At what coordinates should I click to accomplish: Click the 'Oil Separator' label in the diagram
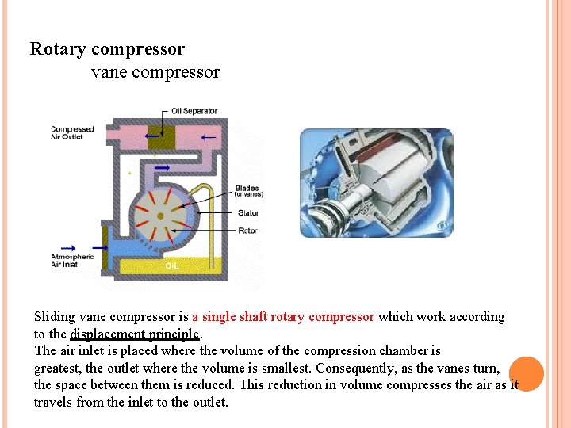tap(194, 111)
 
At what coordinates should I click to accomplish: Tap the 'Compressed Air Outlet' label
tap(72, 133)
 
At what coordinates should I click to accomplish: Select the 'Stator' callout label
tap(247, 212)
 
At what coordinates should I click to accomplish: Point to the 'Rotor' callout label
tap(247, 231)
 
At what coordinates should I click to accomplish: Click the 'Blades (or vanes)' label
tap(248, 191)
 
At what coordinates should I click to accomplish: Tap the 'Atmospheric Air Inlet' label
tap(72, 260)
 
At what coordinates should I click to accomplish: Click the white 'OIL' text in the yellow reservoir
tap(172, 266)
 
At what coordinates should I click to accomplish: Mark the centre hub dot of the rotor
tap(160, 216)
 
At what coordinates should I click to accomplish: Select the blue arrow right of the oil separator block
tap(208, 137)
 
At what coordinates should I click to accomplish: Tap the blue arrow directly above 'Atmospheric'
tap(68, 247)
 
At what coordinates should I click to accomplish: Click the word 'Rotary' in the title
tap(58, 49)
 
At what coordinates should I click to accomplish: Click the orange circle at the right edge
tap(527, 374)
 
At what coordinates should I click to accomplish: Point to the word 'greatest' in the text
tap(58, 368)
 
